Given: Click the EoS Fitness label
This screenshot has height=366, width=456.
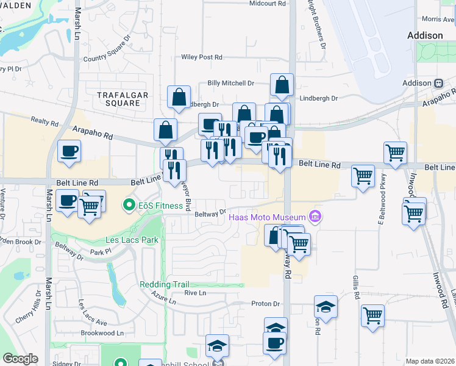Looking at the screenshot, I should pyautogui.click(x=160, y=206).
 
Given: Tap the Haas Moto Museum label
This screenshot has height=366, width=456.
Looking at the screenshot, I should pyautogui.click(x=266, y=217).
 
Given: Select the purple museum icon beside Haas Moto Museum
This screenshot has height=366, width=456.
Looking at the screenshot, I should pyautogui.click(x=315, y=216).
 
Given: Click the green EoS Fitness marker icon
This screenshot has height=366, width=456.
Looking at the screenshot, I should pyautogui.click(x=129, y=205).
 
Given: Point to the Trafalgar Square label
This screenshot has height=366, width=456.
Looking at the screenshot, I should pyautogui.click(x=118, y=98).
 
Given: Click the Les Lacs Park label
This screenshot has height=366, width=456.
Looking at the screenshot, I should pyautogui.click(x=132, y=240).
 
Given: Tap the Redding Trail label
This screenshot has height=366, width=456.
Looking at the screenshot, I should pyautogui.click(x=164, y=284).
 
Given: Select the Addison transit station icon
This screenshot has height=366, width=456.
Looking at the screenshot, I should pyautogui.click(x=438, y=83).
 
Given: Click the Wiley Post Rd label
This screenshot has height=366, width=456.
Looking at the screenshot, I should pyautogui.click(x=202, y=57).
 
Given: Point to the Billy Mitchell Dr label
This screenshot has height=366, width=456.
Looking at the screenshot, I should pyautogui.click(x=230, y=83).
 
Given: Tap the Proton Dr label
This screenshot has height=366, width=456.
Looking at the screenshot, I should pyautogui.click(x=265, y=304).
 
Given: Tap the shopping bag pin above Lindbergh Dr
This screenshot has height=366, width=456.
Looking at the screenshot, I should pyautogui.click(x=282, y=85).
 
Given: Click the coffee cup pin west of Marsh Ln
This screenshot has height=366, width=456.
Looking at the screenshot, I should pyautogui.click(x=69, y=151).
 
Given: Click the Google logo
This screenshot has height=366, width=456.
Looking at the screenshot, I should pyautogui.click(x=20, y=359).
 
